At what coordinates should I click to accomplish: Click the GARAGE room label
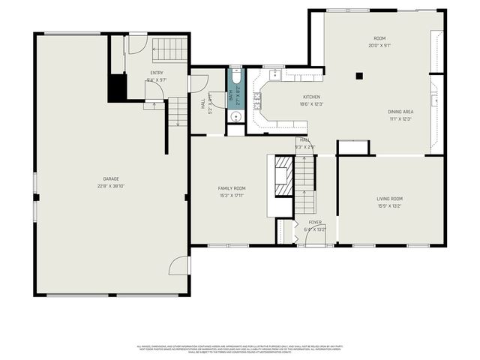111,178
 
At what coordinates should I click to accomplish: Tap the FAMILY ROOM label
232,188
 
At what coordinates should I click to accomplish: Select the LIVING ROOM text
389,199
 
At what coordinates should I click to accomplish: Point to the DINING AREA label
400,112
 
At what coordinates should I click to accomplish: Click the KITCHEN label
311,97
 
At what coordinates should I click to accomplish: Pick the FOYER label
316,222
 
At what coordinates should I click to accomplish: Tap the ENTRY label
157,73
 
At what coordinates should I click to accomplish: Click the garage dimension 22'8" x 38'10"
111,186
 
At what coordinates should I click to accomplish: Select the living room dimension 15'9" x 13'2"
389,206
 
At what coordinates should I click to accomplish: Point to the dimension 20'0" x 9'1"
379,45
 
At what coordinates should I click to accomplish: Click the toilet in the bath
235,78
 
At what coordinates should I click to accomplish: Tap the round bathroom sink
235,116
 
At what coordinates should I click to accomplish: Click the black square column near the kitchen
359,76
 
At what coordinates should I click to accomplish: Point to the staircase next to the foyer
304,187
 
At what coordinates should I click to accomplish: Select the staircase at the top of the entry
169,49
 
